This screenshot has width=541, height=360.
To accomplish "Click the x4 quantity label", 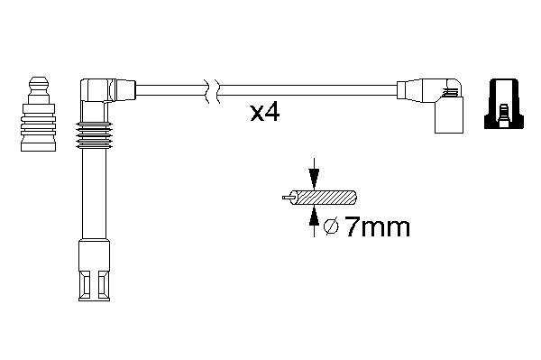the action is (x=265, y=113).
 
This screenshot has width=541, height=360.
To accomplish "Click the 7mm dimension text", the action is (x=378, y=227).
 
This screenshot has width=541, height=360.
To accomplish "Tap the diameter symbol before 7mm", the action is (x=332, y=227).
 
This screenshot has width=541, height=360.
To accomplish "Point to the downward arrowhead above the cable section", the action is (x=314, y=179).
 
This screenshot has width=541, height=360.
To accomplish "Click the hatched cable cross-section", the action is (x=326, y=198).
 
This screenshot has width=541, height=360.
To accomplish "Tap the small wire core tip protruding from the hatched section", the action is (x=287, y=198).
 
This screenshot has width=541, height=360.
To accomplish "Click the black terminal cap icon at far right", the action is (x=504, y=104).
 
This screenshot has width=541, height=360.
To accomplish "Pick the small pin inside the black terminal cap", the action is (x=504, y=115).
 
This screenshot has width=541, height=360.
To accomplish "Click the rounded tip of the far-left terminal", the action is (x=38, y=84).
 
